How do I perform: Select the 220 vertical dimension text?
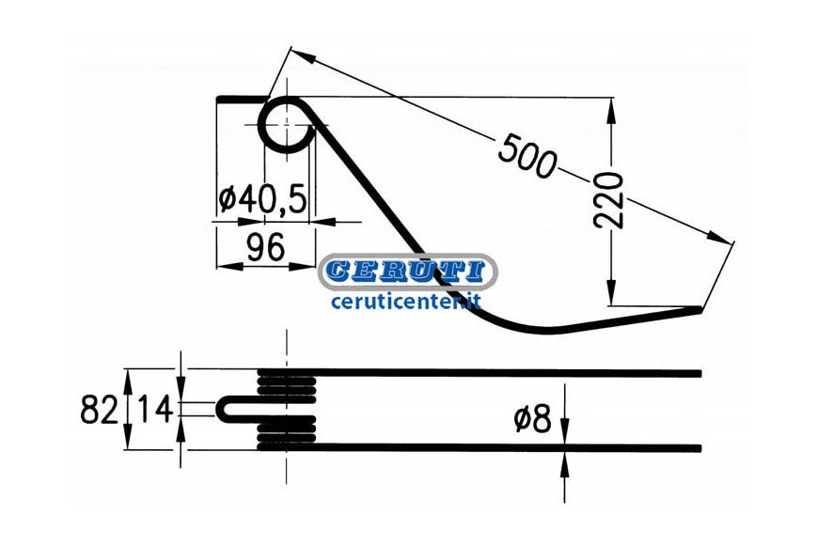pyautogui.click(x=609, y=200)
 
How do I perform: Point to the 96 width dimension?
pyautogui.click(x=265, y=247)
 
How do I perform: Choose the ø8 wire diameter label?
pyautogui.click(x=532, y=419)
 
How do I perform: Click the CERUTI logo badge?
pyautogui.click(x=407, y=272)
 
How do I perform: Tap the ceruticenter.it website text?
pyautogui.click(x=406, y=301)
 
